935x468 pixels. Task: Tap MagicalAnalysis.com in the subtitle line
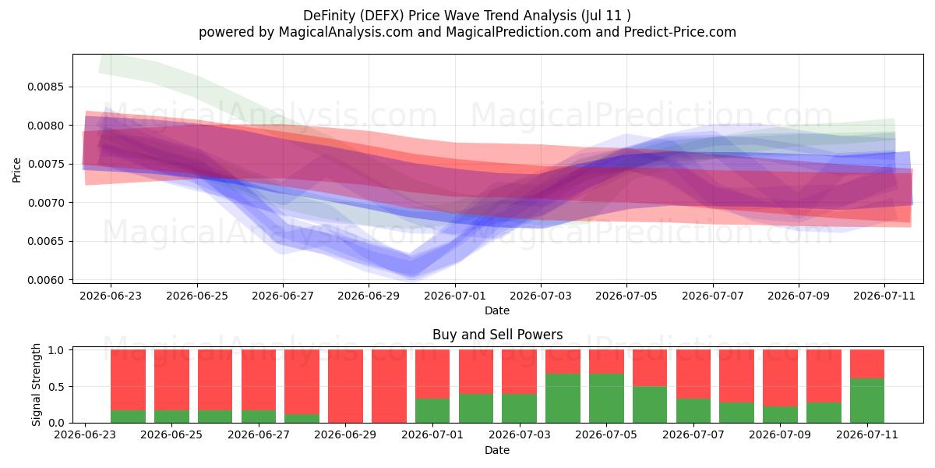[x=346, y=32]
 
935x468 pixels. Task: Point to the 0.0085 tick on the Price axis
[x=46, y=87]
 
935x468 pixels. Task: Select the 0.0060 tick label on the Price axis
[x=46, y=280]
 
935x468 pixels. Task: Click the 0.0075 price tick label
[x=46, y=165]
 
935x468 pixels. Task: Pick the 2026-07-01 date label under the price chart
[x=454, y=296]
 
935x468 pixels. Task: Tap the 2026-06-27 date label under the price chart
[x=283, y=296]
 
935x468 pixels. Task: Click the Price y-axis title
[x=16, y=170]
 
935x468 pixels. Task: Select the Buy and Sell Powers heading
[x=498, y=335]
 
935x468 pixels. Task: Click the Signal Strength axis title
[x=36, y=385]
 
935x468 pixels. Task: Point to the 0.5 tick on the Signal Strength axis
[x=56, y=387]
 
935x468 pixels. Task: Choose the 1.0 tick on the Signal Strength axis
[x=56, y=350]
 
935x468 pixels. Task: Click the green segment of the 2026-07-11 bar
[x=867, y=401]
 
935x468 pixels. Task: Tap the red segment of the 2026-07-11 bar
[x=867, y=364]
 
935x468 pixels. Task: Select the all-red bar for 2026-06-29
[x=346, y=386]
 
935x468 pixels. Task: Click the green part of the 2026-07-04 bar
[x=563, y=399]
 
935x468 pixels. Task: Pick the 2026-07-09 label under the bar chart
[x=780, y=434]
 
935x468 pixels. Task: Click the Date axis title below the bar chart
[x=497, y=450]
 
